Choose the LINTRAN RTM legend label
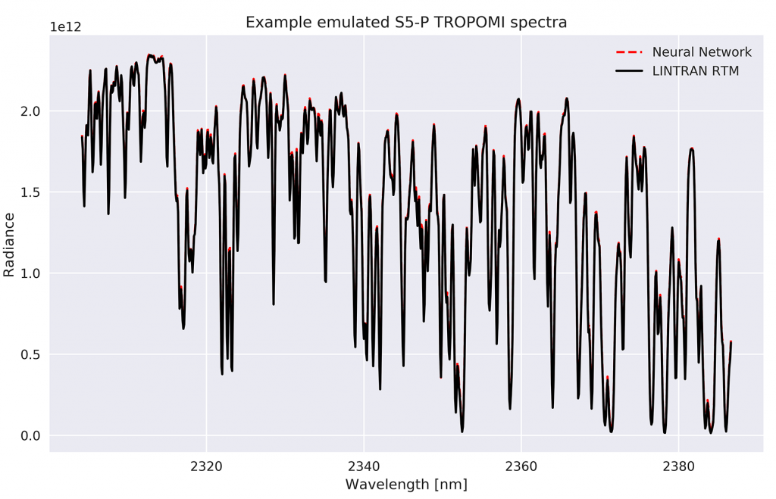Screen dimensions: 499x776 coord(695,71)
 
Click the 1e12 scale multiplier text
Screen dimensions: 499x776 coord(65,27)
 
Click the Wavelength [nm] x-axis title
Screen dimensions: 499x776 coord(406,484)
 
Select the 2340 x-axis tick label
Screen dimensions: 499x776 coord(364,464)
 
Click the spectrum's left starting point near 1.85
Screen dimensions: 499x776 coord(82,136)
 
